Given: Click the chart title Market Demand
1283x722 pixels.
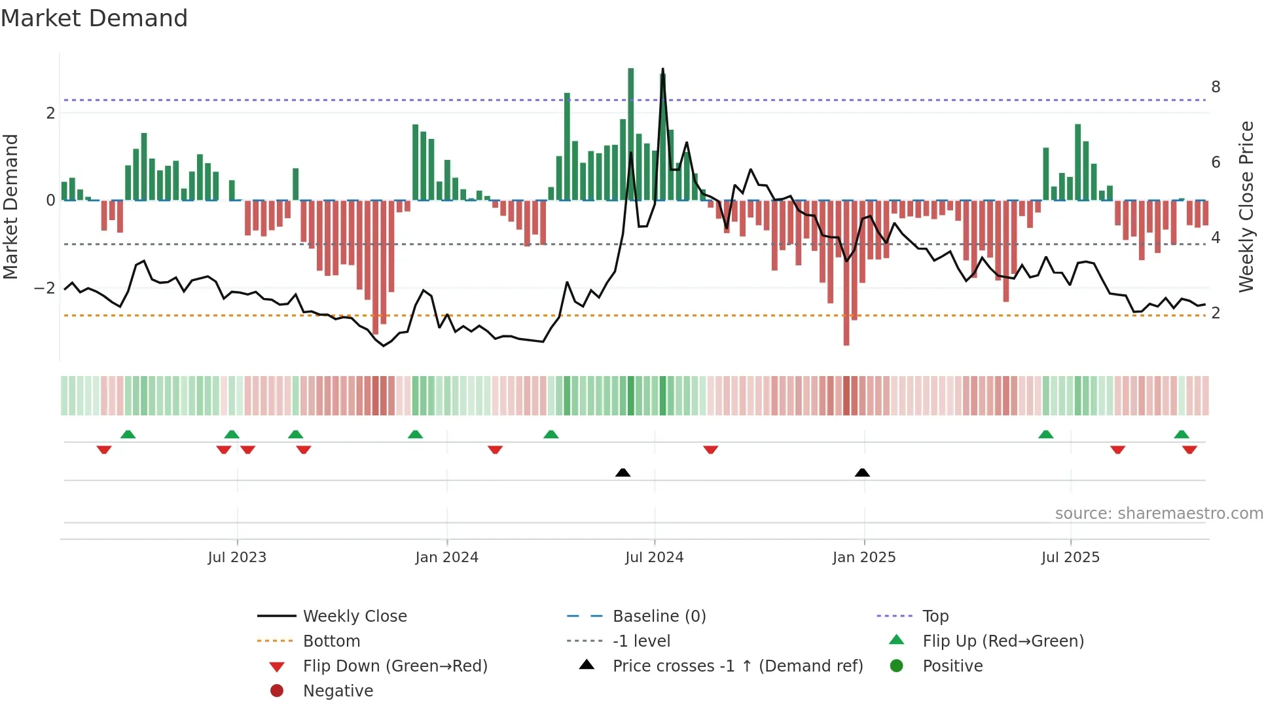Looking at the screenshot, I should pos(94,18).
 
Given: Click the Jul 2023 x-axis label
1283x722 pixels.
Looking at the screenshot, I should pos(237,558).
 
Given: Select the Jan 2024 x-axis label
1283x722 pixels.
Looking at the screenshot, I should pos(446,558).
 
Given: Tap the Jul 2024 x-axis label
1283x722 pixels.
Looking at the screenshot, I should pos(654,558).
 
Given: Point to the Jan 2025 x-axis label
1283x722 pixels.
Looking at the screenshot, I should pos(863,558).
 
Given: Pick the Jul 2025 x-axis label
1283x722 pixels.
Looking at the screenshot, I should pos(1070,558).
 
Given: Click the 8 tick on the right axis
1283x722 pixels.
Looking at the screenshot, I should pos(1216,87).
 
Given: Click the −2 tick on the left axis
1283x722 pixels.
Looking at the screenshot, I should pos(45,288).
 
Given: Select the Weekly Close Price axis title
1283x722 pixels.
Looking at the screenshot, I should pos(1246,206).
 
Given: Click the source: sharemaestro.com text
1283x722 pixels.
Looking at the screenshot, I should pos(1159,514).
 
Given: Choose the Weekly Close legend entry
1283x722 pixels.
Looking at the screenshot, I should pos(354,617).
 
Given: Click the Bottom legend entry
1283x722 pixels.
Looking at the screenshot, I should pos(331,641).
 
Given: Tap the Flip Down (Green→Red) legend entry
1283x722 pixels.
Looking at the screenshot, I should pos(395,666).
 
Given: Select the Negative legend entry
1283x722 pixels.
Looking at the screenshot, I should pos(338,691).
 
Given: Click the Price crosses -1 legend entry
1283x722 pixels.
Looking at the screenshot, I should pos(737,666).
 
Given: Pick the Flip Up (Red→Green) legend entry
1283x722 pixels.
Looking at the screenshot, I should pos(1003,641).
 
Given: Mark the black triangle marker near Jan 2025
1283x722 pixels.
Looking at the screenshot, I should pos(862,472).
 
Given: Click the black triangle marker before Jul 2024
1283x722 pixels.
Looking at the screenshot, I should pos(623,472).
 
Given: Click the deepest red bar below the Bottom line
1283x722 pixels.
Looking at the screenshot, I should pos(846,328).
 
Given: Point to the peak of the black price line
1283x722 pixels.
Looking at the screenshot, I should pos(662,69).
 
